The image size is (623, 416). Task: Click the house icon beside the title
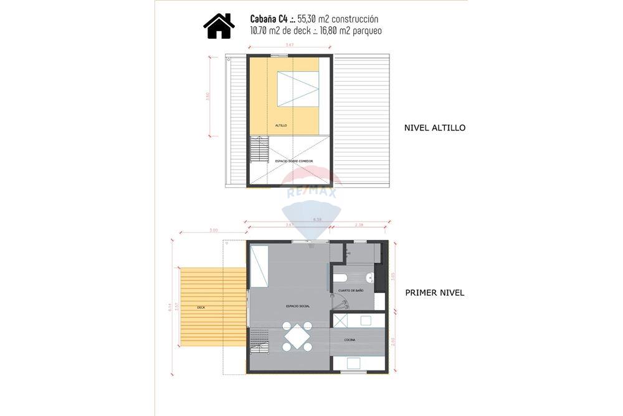click(219, 26)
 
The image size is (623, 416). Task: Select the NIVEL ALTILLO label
click(435, 128)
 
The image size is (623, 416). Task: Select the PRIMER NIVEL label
click(434, 293)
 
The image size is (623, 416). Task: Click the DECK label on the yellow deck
click(201, 307)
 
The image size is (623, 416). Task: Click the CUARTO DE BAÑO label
click(351, 291)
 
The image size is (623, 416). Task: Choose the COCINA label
click(350, 339)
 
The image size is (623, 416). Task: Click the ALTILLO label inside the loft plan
click(281, 125)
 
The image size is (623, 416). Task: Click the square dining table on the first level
click(297, 337)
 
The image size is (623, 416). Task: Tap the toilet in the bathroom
click(340, 278)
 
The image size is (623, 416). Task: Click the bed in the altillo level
click(298, 89)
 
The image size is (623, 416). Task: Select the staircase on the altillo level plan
click(259, 150)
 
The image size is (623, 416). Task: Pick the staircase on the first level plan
click(259, 342)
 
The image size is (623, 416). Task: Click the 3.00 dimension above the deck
click(213, 230)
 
